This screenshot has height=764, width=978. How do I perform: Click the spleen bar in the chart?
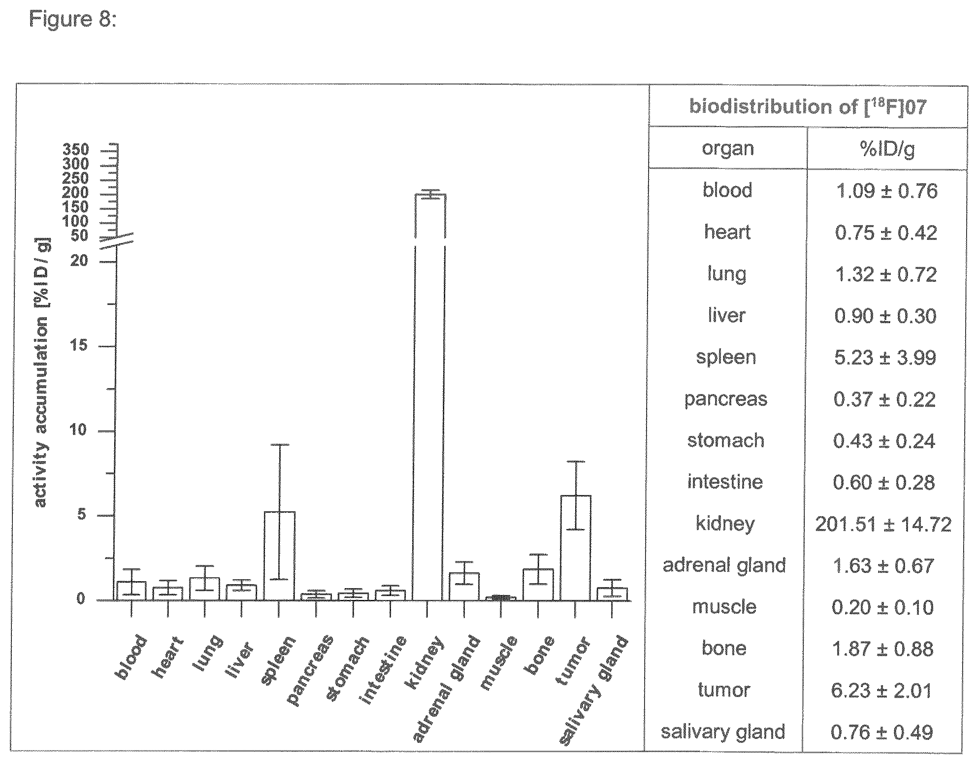279,556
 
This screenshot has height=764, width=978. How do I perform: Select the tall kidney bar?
430,397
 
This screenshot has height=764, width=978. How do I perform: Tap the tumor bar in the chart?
575,548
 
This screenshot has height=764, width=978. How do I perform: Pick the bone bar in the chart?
538,585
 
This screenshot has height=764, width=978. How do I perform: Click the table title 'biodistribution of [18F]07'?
808,106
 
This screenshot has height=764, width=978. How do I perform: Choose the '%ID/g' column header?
886,149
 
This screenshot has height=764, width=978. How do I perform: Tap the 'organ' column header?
727,149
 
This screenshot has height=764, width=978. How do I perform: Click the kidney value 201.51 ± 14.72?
883,524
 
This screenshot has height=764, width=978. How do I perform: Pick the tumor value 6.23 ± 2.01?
881,690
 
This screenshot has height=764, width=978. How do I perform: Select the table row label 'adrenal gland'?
724,565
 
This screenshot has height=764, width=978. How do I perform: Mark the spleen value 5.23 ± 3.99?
885,357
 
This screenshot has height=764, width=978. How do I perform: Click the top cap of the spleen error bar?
279,444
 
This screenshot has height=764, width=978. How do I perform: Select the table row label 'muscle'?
724,607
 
